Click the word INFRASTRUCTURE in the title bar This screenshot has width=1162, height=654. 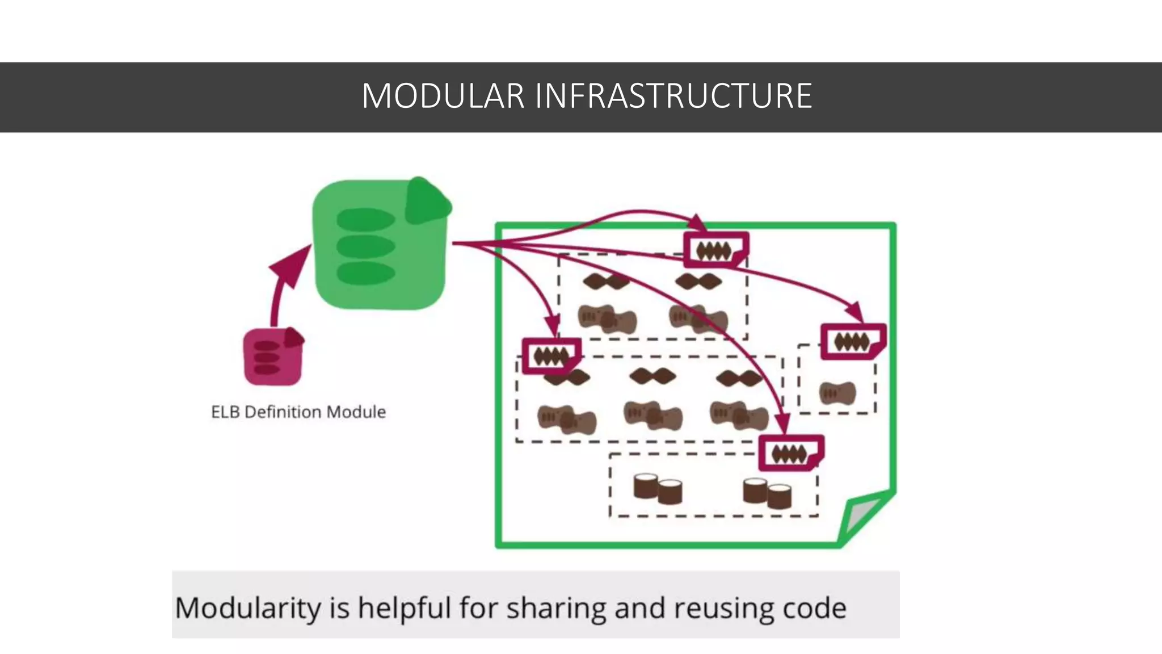(x=673, y=96)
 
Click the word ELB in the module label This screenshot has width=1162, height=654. (x=225, y=412)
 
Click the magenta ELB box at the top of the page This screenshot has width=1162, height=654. (x=715, y=250)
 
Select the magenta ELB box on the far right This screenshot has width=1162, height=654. (x=852, y=342)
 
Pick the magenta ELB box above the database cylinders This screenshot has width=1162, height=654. (x=790, y=453)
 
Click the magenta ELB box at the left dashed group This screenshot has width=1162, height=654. (x=551, y=357)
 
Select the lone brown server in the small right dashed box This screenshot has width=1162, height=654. (x=837, y=393)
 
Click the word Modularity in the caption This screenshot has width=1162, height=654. (x=247, y=609)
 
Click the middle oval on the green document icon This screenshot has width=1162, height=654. (x=365, y=246)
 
